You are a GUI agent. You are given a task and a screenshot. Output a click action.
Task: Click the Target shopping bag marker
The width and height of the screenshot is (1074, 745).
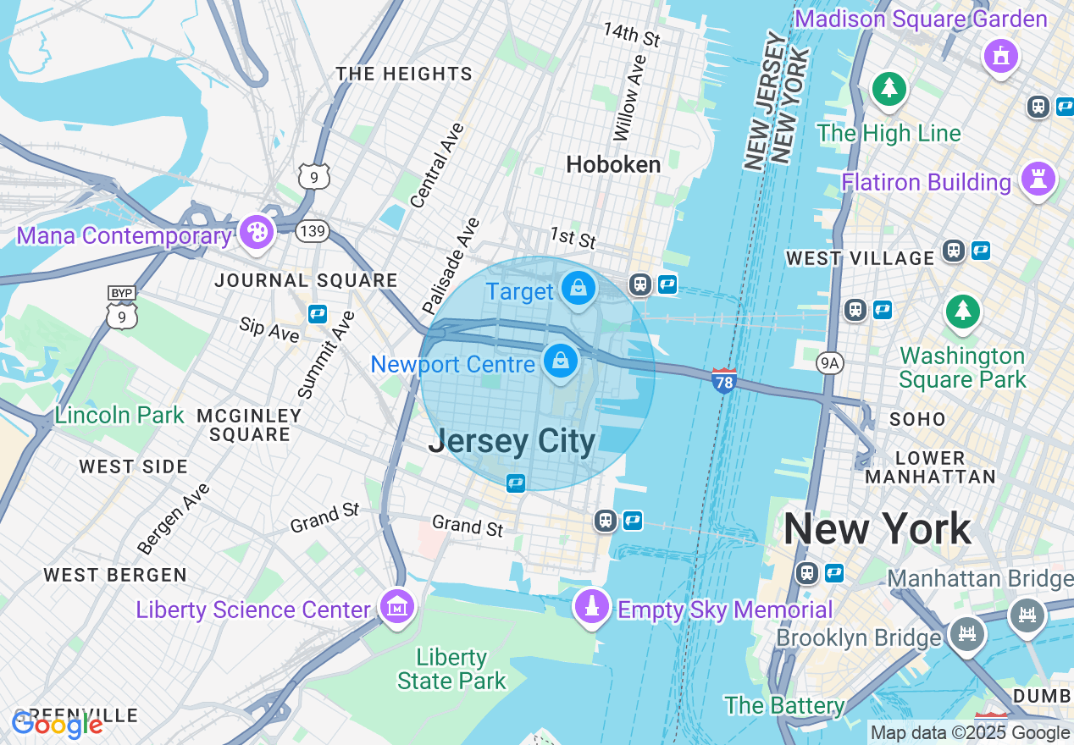point(579,289)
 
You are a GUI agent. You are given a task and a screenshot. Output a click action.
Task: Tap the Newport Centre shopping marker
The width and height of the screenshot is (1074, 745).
point(560,361)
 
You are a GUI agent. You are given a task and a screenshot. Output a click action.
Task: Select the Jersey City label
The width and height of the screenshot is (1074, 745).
point(512,441)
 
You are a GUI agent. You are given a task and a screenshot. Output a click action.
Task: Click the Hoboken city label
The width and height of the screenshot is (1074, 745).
point(613,164)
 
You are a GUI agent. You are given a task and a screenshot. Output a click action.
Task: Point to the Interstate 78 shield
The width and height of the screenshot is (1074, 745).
point(723,380)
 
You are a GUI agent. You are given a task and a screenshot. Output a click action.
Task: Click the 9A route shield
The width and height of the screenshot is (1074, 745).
point(830,363)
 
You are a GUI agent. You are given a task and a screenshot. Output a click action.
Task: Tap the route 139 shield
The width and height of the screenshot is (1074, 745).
point(313,230)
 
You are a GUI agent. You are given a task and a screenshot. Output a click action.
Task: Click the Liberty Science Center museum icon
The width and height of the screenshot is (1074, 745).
point(397,606)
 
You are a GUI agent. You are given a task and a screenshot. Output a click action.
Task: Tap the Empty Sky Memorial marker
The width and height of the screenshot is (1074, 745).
point(592,606)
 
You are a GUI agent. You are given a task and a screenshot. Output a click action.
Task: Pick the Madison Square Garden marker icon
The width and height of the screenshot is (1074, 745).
point(1001,56)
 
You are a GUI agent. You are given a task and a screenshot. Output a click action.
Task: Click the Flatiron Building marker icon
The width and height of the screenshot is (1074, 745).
point(1038,178)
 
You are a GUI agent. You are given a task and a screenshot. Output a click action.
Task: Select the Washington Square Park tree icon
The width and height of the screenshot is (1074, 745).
point(963,311)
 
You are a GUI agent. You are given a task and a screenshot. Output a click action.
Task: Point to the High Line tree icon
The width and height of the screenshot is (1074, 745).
point(889,88)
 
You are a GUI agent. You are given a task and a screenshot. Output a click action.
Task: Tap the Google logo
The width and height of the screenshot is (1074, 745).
point(58,725)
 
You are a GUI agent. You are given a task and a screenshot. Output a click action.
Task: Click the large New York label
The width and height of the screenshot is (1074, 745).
point(877,529)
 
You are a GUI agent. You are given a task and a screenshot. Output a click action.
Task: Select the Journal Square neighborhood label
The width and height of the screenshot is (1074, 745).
point(306,280)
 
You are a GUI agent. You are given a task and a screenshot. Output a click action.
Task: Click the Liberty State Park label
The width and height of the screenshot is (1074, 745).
point(451,669)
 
